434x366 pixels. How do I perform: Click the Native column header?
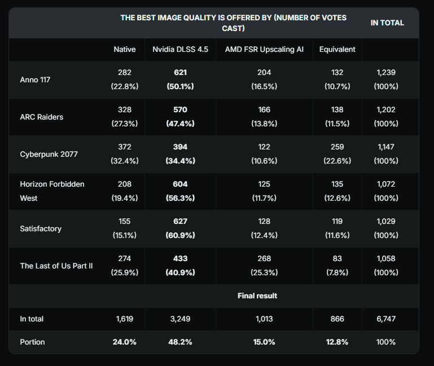(x=124, y=49)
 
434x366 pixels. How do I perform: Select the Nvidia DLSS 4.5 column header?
(x=180, y=49)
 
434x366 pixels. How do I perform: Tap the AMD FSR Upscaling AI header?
(x=264, y=49)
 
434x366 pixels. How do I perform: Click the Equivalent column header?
(x=337, y=49)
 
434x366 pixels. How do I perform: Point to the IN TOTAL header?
(x=387, y=23)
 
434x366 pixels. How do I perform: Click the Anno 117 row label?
(x=35, y=80)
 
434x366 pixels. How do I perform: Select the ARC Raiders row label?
(x=41, y=117)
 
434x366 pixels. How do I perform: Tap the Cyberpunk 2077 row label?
(x=48, y=154)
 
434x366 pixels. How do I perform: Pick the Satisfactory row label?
(x=41, y=228)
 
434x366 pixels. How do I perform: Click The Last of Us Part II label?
(x=56, y=266)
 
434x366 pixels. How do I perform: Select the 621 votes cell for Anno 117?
(x=180, y=72)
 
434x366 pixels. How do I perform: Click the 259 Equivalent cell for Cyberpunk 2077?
(x=337, y=147)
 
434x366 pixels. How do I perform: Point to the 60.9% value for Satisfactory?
(x=180, y=235)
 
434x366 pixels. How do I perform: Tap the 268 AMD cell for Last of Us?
(x=264, y=258)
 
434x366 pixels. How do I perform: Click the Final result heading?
(x=257, y=296)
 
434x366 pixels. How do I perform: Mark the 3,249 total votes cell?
(x=180, y=319)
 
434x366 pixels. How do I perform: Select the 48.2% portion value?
(x=180, y=342)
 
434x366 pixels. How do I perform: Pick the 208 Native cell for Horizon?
(x=124, y=184)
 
